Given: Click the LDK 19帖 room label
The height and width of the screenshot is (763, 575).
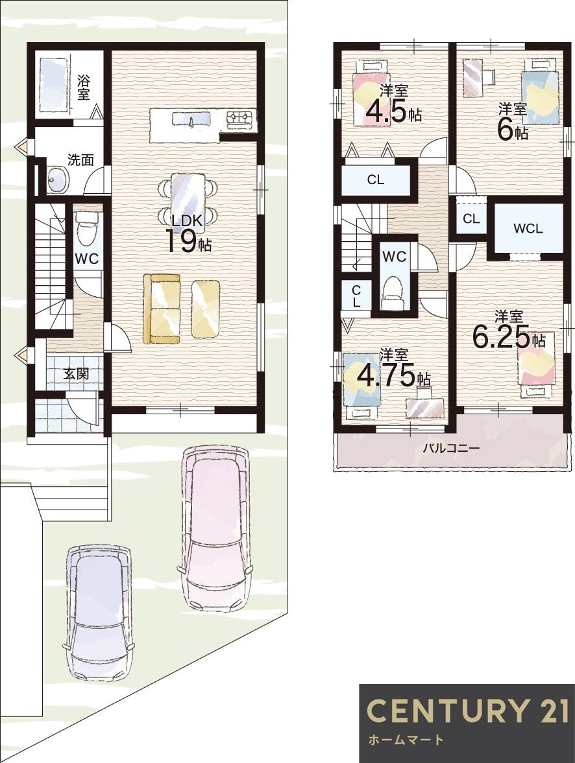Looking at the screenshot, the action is pyautogui.click(x=189, y=233).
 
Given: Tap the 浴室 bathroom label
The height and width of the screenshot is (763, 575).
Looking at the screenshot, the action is pyautogui.click(x=84, y=87).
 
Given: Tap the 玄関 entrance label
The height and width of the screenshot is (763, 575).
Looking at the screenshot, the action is pyautogui.click(x=75, y=374).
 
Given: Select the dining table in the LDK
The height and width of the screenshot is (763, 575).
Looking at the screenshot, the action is pyautogui.click(x=189, y=197).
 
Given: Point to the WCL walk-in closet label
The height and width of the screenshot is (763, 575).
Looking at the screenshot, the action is pyautogui.click(x=528, y=228).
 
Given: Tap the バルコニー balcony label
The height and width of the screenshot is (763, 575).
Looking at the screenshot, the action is pyautogui.click(x=451, y=447).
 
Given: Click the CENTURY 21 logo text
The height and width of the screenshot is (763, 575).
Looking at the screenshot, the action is pyautogui.click(x=467, y=710).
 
